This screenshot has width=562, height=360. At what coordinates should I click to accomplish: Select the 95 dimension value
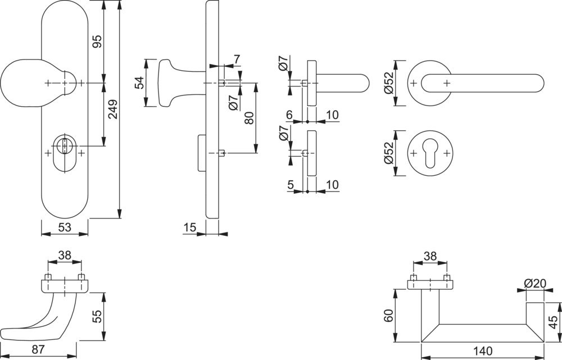[x=97, y=42]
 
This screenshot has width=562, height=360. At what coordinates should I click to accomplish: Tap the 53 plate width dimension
[x=65, y=227]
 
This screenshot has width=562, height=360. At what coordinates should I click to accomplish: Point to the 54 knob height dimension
[x=138, y=83]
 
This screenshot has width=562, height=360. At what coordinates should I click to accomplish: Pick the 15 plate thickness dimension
[x=189, y=227]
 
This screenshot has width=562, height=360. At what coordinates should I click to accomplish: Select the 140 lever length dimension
[x=483, y=352]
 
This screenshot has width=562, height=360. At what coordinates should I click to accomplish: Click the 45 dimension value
[x=554, y=322]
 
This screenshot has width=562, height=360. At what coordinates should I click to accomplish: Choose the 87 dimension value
[x=38, y=349]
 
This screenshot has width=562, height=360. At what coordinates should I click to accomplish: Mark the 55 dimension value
[x=96, y=316]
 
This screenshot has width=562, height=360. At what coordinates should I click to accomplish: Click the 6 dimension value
[x=289, y=115]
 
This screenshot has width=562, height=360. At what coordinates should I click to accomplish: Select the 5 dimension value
[x=289, y=184]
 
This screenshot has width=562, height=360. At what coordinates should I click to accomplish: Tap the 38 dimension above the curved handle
[x=65, y=255]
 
